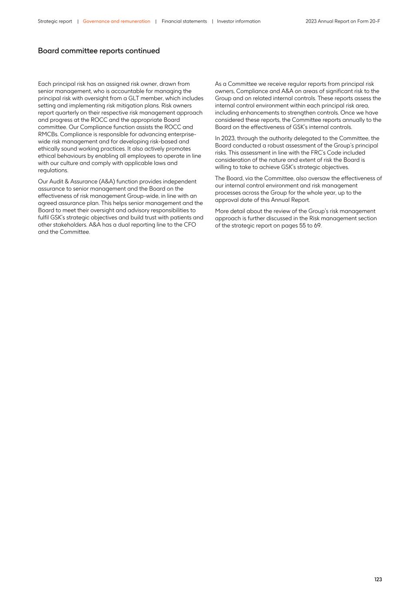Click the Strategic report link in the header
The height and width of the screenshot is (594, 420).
click(55, 21)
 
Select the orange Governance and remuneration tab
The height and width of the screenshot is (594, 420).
click(117, 21)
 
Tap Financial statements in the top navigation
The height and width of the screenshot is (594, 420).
click(184, 21)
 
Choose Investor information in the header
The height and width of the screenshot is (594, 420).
click(239, 21)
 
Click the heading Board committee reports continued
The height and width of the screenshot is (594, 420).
click(99, 51)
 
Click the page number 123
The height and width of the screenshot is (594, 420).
click(378, 579)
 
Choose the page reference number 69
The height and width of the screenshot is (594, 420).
click(317, 225)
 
